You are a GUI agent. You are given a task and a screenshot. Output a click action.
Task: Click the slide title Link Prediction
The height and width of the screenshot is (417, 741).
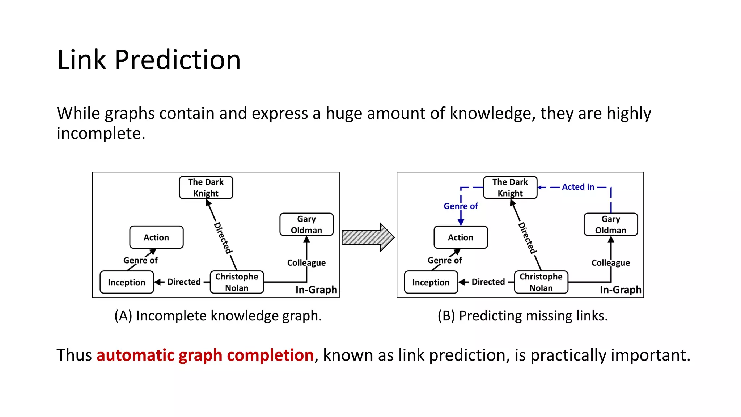pos(149,60)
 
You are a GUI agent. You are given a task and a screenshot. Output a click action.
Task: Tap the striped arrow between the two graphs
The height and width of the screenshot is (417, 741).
pos(368,237)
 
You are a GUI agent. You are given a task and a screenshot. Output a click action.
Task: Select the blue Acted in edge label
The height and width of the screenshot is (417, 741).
pos(578,187)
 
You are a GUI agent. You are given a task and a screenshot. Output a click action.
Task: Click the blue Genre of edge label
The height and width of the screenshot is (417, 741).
pos(461,206)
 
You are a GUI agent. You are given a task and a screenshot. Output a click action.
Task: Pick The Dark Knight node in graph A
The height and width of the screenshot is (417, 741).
pos(206,188)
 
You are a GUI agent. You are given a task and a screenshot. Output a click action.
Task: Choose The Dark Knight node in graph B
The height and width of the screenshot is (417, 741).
pos(510,188)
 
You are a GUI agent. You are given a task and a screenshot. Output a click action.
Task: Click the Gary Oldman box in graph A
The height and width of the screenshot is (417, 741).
pos(306,224)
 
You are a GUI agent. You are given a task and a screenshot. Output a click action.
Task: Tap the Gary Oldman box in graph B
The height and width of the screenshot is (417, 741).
pos(611,224)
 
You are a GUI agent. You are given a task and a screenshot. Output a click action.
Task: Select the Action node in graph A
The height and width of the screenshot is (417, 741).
pos(156,237)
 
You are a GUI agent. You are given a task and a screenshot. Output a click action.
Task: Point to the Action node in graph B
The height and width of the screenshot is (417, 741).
pos(461,237)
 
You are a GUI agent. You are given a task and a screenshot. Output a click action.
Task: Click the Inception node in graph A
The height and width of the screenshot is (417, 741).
pos(127,282)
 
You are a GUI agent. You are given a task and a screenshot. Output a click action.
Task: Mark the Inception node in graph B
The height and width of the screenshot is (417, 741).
pos(431,282)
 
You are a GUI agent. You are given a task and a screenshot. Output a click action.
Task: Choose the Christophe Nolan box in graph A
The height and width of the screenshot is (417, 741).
pos(237,282)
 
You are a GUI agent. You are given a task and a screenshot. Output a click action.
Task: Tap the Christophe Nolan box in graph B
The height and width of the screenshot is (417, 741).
pos(541,282)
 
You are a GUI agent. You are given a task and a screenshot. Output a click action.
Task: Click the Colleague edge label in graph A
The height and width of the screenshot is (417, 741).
pos(306,263)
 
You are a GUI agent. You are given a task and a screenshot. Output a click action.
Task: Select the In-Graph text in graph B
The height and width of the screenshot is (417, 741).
pos(620,290)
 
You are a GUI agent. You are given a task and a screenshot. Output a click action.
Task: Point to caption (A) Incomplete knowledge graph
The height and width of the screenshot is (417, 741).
pos(218,316)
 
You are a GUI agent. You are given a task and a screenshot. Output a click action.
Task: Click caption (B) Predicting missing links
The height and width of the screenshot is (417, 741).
pos(522,316)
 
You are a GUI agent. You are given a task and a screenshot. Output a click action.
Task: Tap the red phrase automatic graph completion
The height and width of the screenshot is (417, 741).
pos(205,355)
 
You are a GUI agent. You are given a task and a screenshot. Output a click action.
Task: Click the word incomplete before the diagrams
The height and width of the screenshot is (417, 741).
pos(101,134)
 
